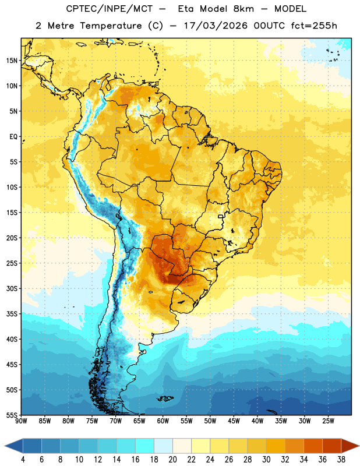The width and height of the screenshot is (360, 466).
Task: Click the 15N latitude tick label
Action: click(12, 61)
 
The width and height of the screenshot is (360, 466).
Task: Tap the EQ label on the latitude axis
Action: click(13, 137)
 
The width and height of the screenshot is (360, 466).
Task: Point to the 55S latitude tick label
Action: click(12, 415)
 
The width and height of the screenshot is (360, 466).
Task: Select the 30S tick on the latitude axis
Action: click(12, 288)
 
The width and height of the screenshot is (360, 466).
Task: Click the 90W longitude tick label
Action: click(21, 421)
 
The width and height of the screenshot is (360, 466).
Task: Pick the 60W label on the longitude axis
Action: click(163, 421)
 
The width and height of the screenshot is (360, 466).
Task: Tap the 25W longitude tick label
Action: click(328, 421)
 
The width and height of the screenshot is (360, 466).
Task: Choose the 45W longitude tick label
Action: click(234, 421)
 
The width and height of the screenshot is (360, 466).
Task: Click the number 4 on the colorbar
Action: click(23, 460)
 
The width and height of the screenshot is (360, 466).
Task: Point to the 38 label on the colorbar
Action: click(341, 460)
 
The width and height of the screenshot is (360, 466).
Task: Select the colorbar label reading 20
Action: click(172, 460)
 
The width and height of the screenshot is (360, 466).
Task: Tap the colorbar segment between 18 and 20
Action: click(163, 446)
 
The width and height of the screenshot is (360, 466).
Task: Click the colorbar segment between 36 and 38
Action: click(332, 446)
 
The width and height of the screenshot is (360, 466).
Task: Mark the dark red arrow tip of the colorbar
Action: click(359, 446)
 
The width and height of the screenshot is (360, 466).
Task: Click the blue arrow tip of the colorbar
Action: click(5, 446)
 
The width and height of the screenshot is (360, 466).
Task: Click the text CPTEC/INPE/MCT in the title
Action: click(110, 9)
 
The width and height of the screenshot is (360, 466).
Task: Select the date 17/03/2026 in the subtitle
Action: click(216, 26)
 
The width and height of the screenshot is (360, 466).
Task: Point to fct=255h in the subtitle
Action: click(314, 26)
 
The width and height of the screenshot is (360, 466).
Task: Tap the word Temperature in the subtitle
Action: click(111, 26)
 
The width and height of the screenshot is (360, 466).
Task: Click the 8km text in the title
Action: click(243, 9)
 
